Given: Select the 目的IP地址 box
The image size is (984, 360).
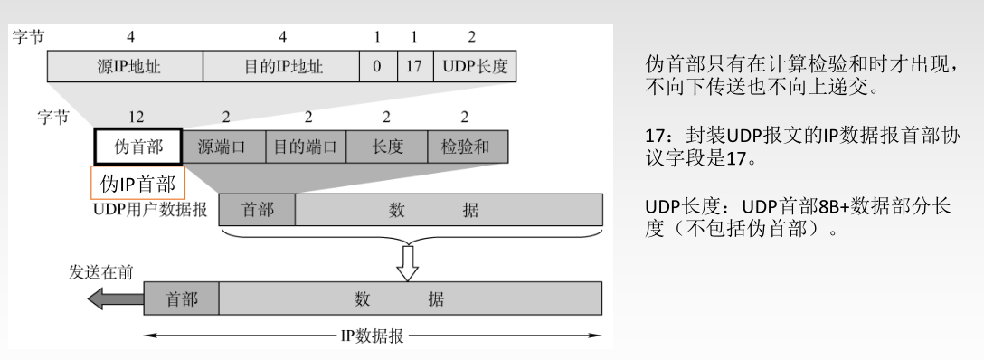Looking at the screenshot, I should [x=280, y=67].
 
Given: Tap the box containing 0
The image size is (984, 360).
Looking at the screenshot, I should [x=377, y=67].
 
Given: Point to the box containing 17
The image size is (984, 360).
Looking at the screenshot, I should [x=414, y=67].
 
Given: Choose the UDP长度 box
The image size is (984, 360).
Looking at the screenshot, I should [x=474, y=67].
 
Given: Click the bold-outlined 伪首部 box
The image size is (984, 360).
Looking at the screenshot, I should [x=137, y=147].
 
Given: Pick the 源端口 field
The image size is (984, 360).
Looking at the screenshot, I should [x=223, y=147].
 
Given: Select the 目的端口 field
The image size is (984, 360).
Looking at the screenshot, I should [x=306, y=147].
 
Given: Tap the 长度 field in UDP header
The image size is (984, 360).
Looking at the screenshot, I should [x=387, y=147].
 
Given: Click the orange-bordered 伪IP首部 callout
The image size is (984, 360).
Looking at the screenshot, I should [x=137, y=183].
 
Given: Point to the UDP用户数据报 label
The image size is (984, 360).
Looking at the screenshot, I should [x=149, y=209].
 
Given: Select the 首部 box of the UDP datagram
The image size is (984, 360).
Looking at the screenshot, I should [x=258, y=209].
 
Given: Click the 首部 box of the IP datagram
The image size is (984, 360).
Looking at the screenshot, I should [x=181, y=298].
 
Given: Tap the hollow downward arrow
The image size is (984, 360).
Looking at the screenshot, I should [x=409, y=261].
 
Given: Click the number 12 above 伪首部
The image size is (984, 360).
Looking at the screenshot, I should [x=137, y=118].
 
